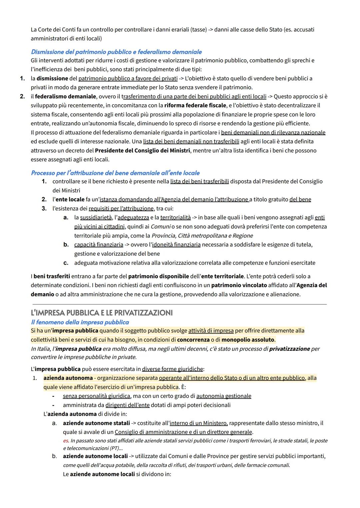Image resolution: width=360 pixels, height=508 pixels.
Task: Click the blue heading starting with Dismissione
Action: pos(116,52)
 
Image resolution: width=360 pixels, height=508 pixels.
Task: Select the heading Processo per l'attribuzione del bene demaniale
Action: pos(115,173)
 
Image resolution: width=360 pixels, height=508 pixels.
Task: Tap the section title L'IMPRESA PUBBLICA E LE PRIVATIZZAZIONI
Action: pos(102,313)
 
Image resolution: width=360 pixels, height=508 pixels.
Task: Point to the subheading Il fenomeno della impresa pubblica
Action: pos(80,322)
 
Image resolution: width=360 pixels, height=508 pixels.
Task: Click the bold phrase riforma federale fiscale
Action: pos(195,105)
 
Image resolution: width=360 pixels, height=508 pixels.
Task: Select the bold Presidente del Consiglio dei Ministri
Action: pos(142,150)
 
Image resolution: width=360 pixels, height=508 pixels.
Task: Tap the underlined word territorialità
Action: pos(175,218)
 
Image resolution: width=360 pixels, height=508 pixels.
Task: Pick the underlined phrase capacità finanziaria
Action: pos(99,245)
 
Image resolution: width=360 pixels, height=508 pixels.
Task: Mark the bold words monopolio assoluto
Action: pos(248,340)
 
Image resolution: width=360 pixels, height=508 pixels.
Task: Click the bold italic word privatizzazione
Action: pos(289,349)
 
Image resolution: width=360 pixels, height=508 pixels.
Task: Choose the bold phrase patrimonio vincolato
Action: pos(239,285)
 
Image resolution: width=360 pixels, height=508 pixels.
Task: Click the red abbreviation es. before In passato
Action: pos(66,441)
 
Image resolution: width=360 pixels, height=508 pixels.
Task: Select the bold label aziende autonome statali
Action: pos(96,423)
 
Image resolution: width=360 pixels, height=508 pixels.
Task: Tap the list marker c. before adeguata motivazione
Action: pos(66,263)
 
